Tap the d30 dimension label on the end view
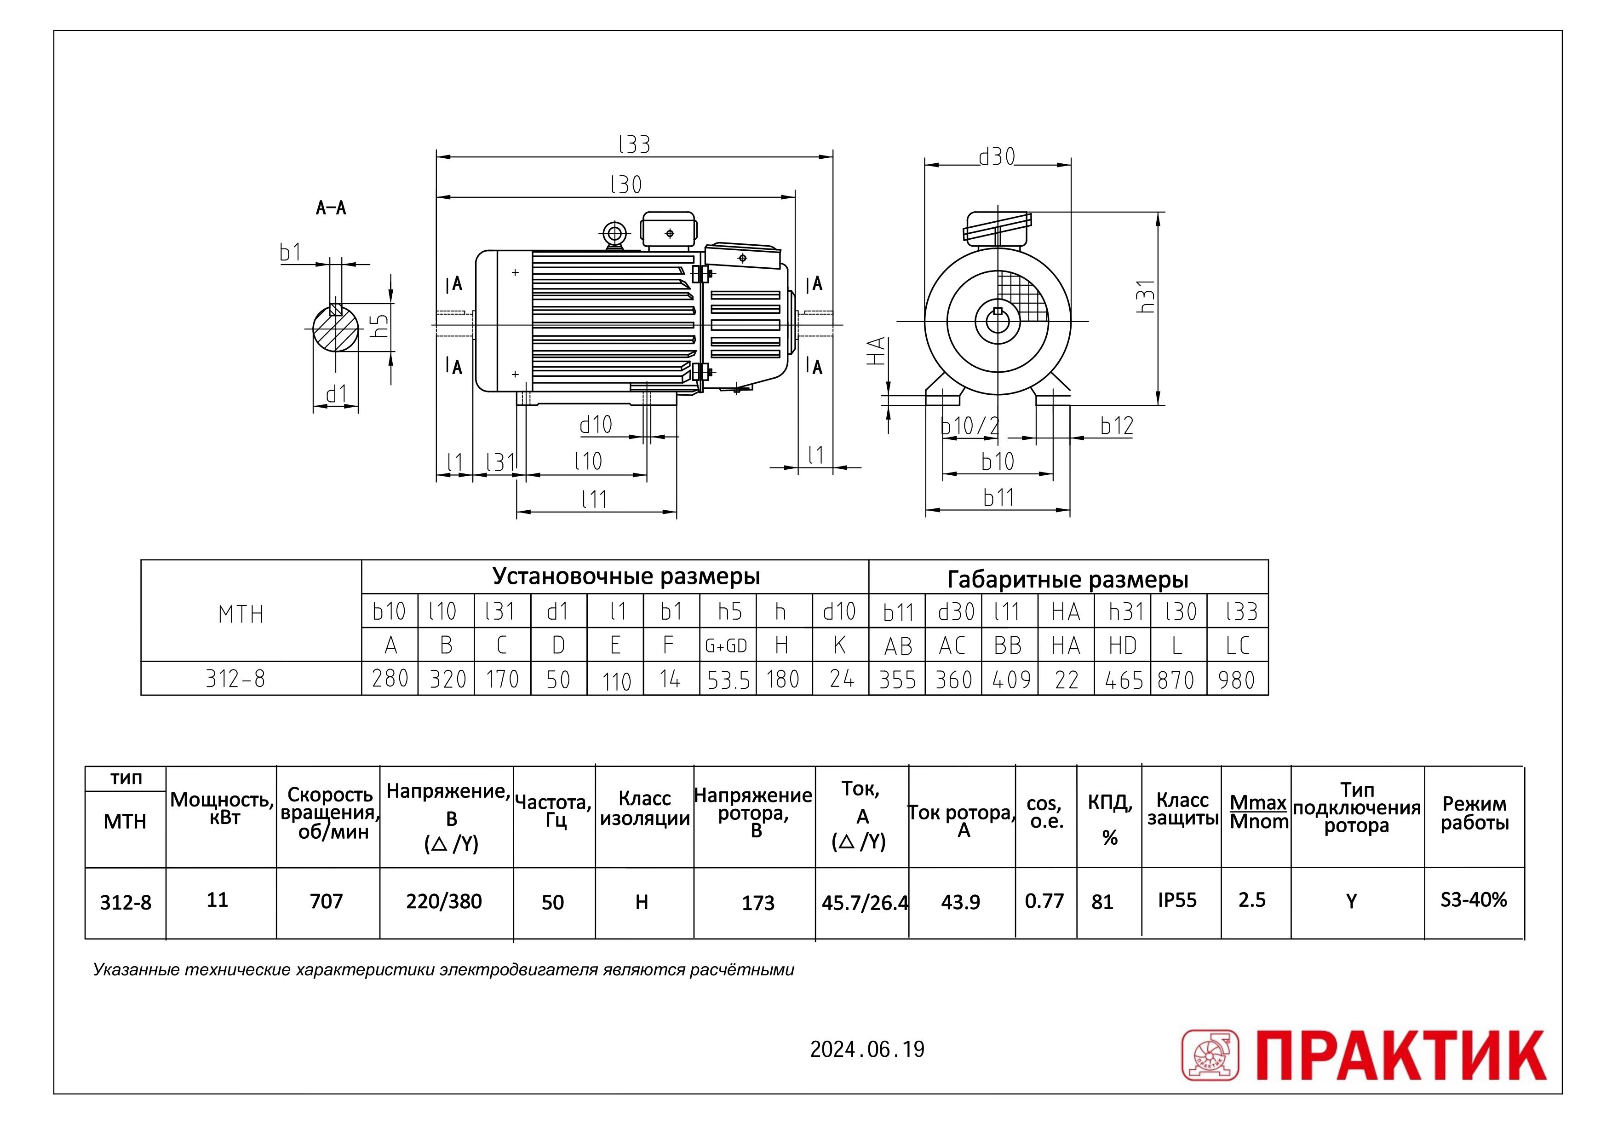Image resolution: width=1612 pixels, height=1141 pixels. point(998,157)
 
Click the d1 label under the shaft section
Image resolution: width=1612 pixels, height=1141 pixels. point(337,394)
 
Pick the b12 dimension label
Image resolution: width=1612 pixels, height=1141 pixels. point(1117,425)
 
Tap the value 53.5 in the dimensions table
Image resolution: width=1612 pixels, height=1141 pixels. point(729,680)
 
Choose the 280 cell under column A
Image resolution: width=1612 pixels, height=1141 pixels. point(390,679)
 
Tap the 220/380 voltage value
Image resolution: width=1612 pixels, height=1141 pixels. point(444,901)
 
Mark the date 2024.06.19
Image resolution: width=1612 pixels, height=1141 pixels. point(867,1049)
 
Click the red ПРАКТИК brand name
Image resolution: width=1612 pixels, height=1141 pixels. point(1401,1055)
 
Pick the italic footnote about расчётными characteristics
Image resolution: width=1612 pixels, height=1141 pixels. point(443,970)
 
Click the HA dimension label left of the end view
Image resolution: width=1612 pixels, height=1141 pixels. point(876,352)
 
